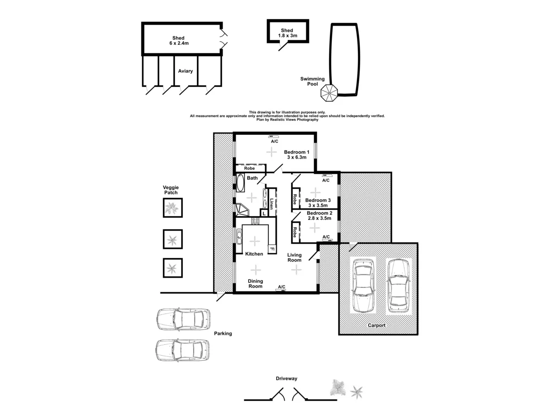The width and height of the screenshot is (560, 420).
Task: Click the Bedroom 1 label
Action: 296,152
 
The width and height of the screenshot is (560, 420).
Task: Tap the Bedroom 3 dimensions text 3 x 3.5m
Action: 318,205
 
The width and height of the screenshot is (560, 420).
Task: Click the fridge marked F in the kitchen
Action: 272,248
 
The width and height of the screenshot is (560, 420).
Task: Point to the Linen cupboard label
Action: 272,204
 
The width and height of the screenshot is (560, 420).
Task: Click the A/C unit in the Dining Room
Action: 281,290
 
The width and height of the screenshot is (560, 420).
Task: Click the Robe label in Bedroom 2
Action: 295,231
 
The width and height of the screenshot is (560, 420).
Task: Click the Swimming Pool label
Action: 312,82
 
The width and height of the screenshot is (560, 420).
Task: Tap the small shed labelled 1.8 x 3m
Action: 287,33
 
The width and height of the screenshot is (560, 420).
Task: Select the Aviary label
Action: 185,71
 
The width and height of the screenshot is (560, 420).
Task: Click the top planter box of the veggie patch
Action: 172,208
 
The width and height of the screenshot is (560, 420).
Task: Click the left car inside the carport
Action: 363,285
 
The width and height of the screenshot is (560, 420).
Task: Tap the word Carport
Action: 377,325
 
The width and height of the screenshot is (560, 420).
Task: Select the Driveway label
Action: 286,379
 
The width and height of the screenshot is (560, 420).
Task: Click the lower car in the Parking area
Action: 182,350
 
